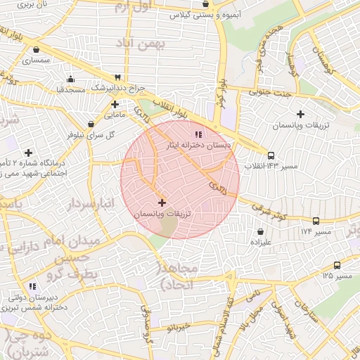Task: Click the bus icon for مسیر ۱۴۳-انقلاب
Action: click(x=271, y=155)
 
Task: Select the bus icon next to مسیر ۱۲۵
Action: click(x=337, y=265)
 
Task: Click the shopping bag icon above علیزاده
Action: click(x=261, y=231)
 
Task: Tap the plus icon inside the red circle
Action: click(x=162, y=202)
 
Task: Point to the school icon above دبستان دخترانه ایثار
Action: click(x=198, y=134)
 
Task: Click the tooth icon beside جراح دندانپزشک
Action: click(x=117, y=77)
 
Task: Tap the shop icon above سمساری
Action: click(x=36, y=50)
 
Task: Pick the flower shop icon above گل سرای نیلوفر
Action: click(x=94, y=123)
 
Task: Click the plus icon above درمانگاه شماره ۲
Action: click(x=28, y=152)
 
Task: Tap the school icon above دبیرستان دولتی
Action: click(x=32, y=286)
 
